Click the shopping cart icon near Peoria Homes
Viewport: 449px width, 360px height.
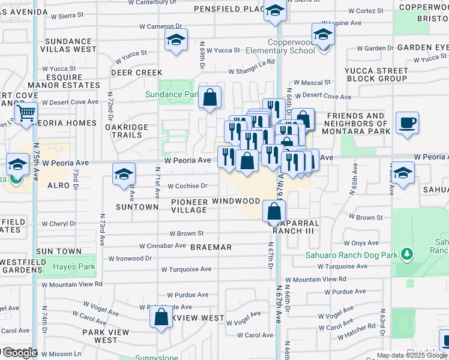(26, 112)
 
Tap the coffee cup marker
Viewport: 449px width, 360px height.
(407, 123)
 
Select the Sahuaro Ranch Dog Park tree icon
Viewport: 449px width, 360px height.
(407, 254)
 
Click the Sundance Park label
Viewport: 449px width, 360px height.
(171, 94)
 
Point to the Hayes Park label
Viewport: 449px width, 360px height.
(74, 266)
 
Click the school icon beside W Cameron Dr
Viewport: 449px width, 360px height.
(176, 40)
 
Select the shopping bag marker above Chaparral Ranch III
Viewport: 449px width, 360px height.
(274, 211)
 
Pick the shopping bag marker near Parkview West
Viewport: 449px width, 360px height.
(161, 316)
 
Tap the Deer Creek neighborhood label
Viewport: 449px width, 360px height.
(137, 73)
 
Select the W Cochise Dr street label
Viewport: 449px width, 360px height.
(187, 186)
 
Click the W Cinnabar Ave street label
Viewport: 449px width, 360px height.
(163, 246)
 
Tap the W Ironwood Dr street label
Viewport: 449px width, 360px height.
(130, 259)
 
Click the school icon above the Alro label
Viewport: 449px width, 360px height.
(124, 173)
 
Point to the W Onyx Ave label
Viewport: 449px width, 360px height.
(361, 243)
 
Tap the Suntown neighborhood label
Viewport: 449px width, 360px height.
(138, 207)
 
